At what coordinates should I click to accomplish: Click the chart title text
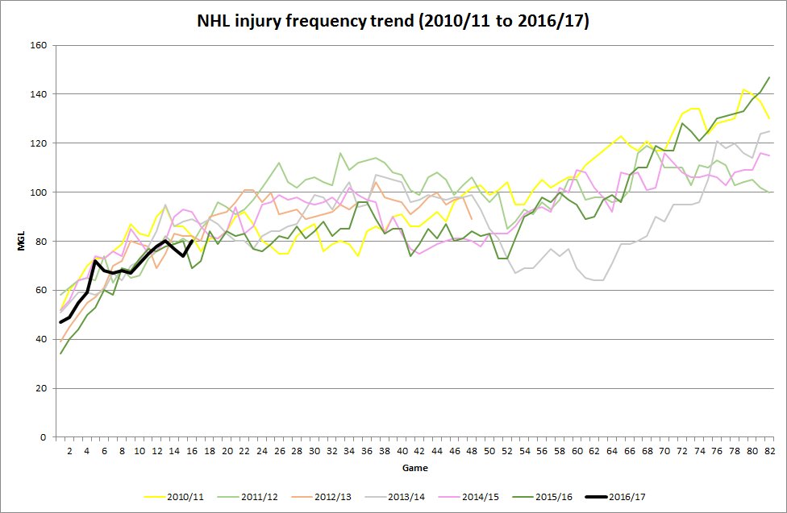tap(393, 22)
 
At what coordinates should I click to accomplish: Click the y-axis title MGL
tap(24, 241)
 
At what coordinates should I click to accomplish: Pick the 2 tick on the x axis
tap(69, 449)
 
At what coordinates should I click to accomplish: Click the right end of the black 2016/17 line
tap(191, 241)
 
